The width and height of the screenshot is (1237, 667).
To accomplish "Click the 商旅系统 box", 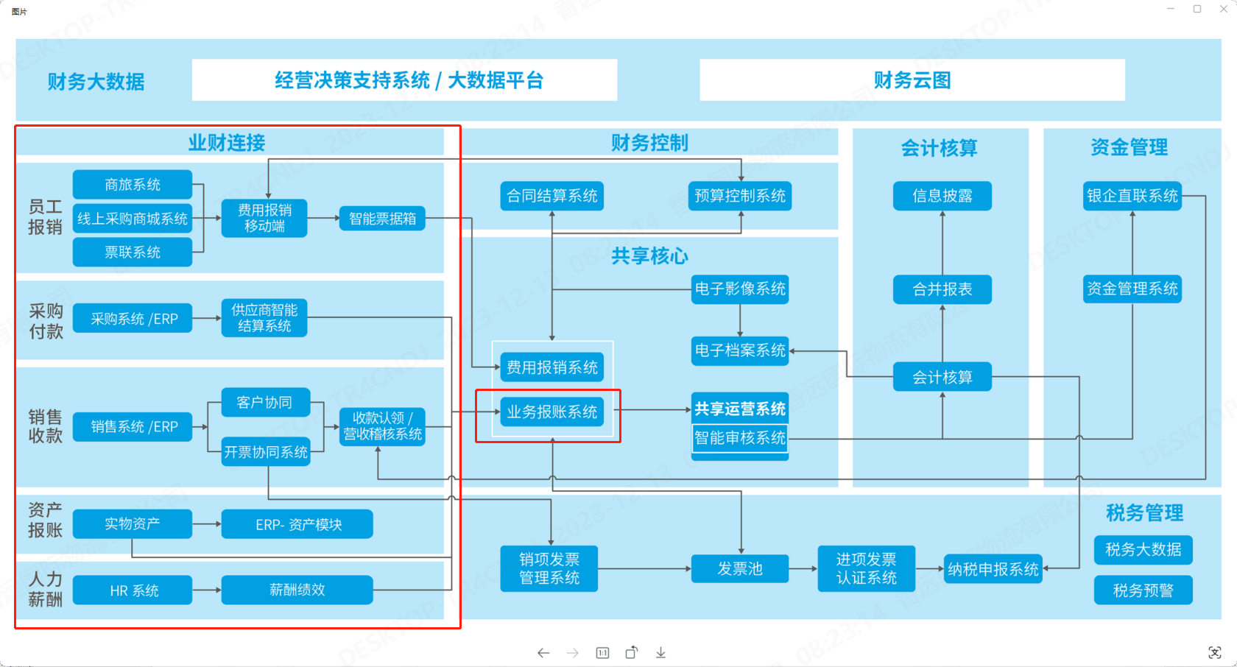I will pyautogui.click(x=133, y=184).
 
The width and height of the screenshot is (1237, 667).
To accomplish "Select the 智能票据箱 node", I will pyautogui.click(x=382, y=219).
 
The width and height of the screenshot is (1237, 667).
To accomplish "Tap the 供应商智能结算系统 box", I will pyautogui.click(x=264, y=318).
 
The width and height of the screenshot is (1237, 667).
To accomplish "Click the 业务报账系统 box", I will pyautogui.click(x=551, y=412).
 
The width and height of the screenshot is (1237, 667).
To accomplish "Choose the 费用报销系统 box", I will pyautogui.click(x=551, y=367).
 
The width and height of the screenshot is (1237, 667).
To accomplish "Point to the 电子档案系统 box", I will pyautogui.click(x=740, y=350).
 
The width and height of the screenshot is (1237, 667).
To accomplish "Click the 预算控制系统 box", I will pyautogui.click(x=740, y=196).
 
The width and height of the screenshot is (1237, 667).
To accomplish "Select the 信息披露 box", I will pyautogui.click(x=942, y=196).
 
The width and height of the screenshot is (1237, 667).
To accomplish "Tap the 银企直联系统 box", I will pyautogui.click(x=1132, y=196).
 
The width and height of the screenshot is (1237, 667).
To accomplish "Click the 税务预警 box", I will pyautogui.click(x=1143, y=590).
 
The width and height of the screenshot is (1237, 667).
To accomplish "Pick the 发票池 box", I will pyautogui.click(x=740, y=569).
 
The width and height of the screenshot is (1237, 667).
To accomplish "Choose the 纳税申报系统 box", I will pyautogui.click(x=993, y=569).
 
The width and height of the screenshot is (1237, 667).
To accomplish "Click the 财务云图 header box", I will pyautogui.click(x=912, y=80).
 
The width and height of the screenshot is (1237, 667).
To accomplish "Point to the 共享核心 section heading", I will pyautogui.click(x=649, y=256).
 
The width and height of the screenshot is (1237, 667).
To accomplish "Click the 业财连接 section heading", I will pyautogui.click(x=227, y=143).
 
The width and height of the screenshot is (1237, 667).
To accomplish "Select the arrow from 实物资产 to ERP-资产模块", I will pyautogui.click(x=207, y=524).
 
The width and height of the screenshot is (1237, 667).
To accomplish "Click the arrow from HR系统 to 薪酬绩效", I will pyautogui.click(x=207, y=590).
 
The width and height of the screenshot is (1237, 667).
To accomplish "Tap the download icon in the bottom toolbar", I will pyautogui.click(x=661, y=653).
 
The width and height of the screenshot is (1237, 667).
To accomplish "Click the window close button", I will pyautogui.click(x=1224, y=9).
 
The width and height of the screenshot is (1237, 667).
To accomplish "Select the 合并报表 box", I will pyautogui.click(x=942, y=289).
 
